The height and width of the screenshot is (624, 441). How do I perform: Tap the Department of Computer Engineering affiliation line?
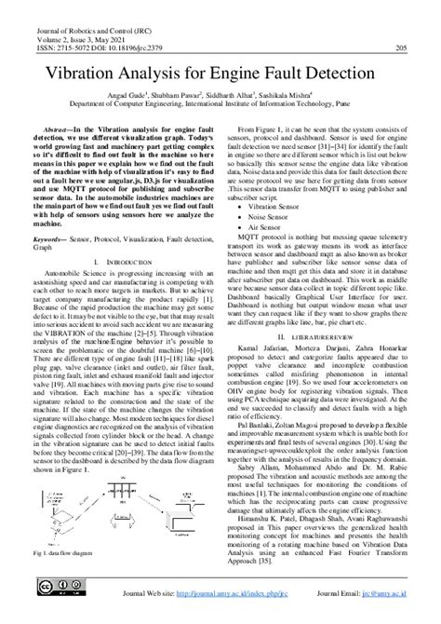220,106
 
